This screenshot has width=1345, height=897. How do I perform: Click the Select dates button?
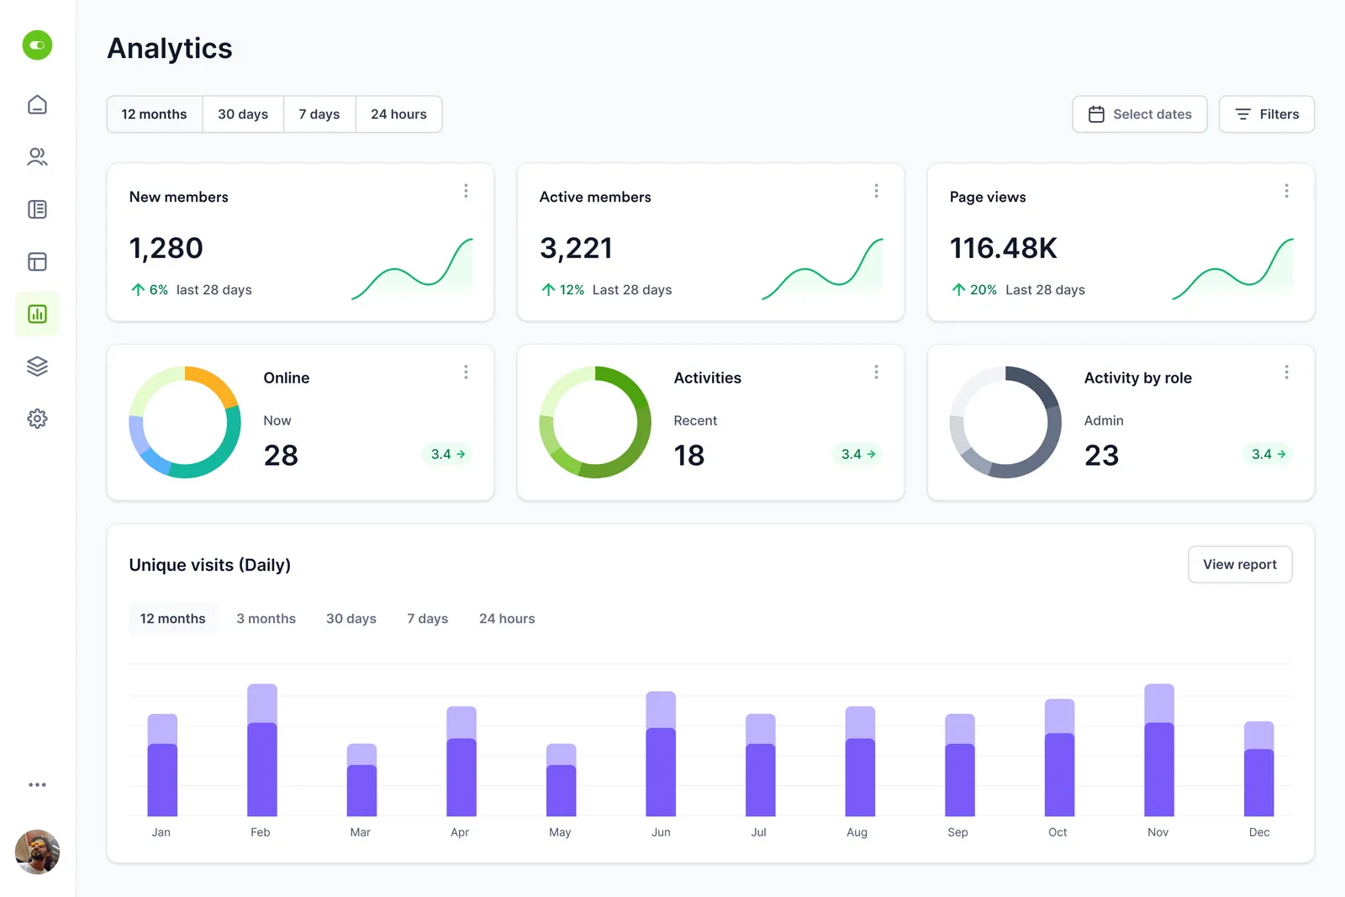coord(1139,114)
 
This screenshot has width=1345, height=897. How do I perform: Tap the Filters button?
coord(1266,114)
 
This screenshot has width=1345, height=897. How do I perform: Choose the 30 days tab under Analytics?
coord(243,114)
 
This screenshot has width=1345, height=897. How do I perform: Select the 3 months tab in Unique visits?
coord(266,619)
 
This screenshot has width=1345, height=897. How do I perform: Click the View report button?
coord(1239,565)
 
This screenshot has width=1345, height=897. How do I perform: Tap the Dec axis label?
coord(1258,832)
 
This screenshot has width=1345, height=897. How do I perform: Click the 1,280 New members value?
coord(166,249)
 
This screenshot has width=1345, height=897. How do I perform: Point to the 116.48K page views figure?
coord(1003,249)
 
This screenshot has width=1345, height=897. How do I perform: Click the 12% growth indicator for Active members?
coord(563,290)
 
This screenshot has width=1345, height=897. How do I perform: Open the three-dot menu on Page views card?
coord(1286,191)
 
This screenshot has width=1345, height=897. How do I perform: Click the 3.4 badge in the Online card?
coord(447,454)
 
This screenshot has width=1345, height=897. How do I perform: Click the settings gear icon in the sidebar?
coord(37,419)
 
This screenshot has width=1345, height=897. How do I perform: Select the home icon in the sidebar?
coord(37,105)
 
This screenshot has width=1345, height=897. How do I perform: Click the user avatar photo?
coord(37,852)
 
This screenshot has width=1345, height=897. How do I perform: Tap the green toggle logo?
coord(37,45)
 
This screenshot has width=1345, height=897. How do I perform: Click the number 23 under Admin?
coord(1101,456)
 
